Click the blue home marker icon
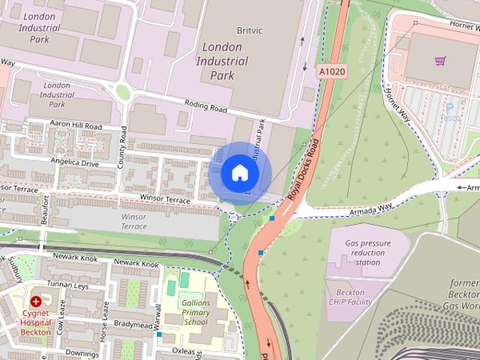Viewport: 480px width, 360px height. [240, 173]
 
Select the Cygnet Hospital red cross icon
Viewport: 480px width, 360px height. [35, 301]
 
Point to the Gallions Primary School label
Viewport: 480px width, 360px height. [196, 312]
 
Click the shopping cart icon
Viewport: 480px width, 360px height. [440, 61]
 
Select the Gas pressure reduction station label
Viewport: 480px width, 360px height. [367, 253]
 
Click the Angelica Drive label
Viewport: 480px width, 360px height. [74, 162]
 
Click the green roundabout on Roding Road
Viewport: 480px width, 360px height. [122, 92]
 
